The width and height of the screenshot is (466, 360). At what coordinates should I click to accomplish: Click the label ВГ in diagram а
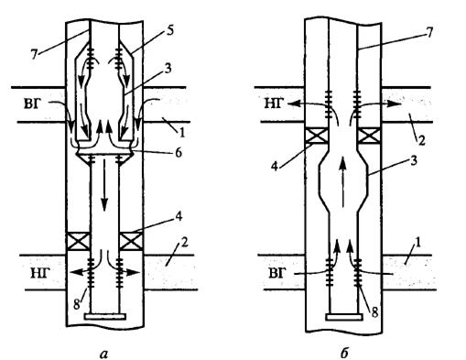(x=33, y=104)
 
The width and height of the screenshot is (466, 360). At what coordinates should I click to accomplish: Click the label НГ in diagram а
(x=40, y=273)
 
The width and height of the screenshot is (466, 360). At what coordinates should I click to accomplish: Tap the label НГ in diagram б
(x=274, y=104)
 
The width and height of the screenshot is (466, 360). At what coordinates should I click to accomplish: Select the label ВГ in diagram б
(x=277, y=273)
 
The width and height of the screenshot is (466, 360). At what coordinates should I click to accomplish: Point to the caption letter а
(x=103, y=354)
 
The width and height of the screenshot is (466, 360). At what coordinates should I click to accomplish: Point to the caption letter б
(x=344, y=353)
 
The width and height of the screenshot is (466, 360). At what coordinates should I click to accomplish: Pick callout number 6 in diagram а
(x=178, y=152)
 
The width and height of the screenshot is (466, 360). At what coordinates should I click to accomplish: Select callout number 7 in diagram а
(x=34, y=55)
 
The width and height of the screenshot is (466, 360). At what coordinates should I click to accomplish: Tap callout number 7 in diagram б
(x=429, y=33)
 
